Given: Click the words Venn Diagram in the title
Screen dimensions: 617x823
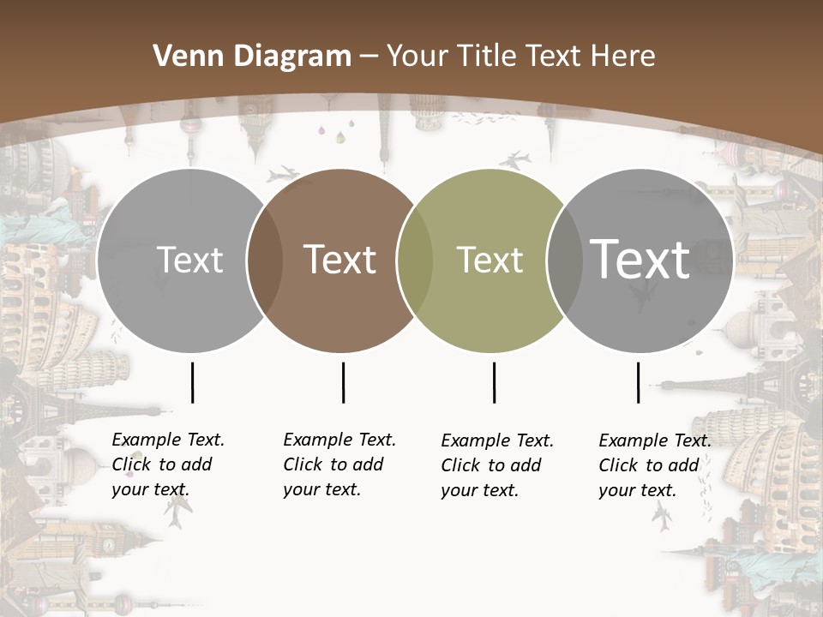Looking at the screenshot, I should coord(251,57).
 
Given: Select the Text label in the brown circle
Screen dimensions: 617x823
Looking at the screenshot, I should coord(340,260).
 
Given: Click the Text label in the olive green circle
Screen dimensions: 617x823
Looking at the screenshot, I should coord(490,261).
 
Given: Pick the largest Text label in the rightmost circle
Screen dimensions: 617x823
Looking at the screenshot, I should coord(640,260).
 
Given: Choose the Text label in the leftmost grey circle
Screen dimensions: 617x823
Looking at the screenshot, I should coord(189,260).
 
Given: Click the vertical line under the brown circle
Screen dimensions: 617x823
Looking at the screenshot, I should coord(343,382).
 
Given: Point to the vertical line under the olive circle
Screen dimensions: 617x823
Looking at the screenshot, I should coord(494,382).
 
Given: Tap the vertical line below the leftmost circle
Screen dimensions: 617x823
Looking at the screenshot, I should coord(192,382).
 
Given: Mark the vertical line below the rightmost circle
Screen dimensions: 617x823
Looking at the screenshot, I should coord(638,382).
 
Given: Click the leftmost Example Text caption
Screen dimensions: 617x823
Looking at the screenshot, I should coord(167,464).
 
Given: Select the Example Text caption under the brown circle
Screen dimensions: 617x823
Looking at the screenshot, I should coord(339,464).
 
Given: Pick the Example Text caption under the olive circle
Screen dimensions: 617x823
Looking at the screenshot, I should coord(496,465).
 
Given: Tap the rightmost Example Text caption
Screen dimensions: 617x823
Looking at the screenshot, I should coord(654,465).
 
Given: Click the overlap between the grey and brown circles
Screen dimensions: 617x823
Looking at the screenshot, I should coord(265,261).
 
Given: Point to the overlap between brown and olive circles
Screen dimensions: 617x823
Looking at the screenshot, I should coord(415,261).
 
